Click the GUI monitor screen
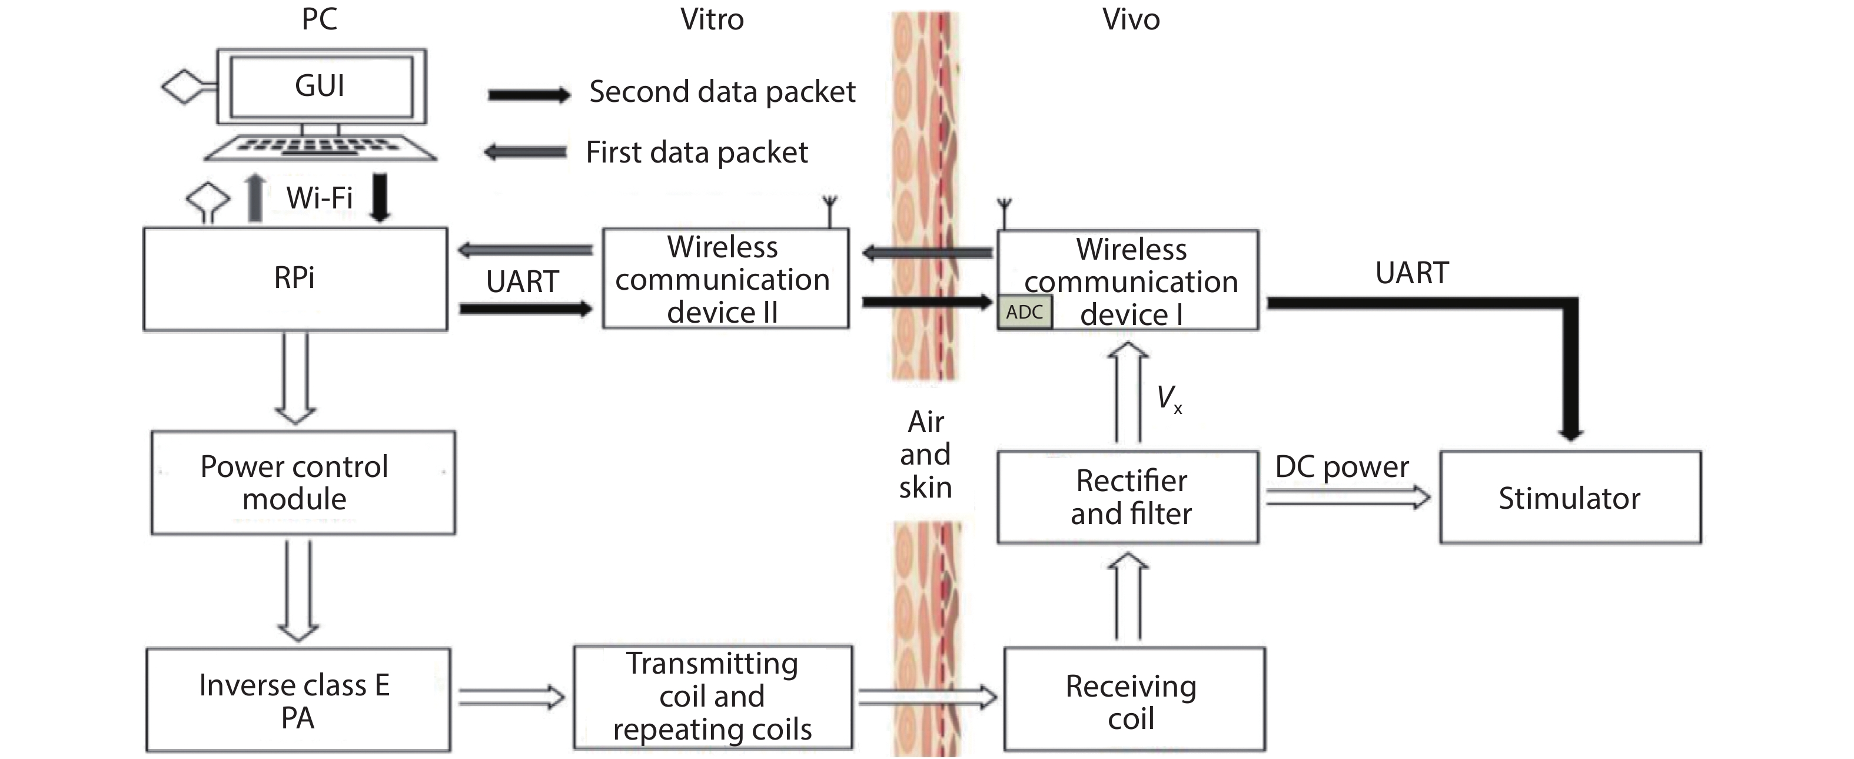[320, 87]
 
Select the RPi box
[295, 279]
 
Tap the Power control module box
[303, 482]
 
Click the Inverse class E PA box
[298, 700]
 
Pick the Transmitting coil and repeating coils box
[713, 697]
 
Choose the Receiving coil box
[1134, 700]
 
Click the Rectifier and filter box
[1128, 497]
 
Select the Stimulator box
[1570, 498]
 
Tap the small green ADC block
[1024, 312]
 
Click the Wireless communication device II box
[725, 279]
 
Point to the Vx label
[1169, 398]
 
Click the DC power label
[1341, 468]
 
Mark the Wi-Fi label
[319, 198]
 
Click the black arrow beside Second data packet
[529, 95]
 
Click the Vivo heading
[1131, 19]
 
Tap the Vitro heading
[712, 19]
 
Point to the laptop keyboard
[320, 148]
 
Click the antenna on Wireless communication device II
[830, 210]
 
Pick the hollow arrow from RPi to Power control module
[295, 378]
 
